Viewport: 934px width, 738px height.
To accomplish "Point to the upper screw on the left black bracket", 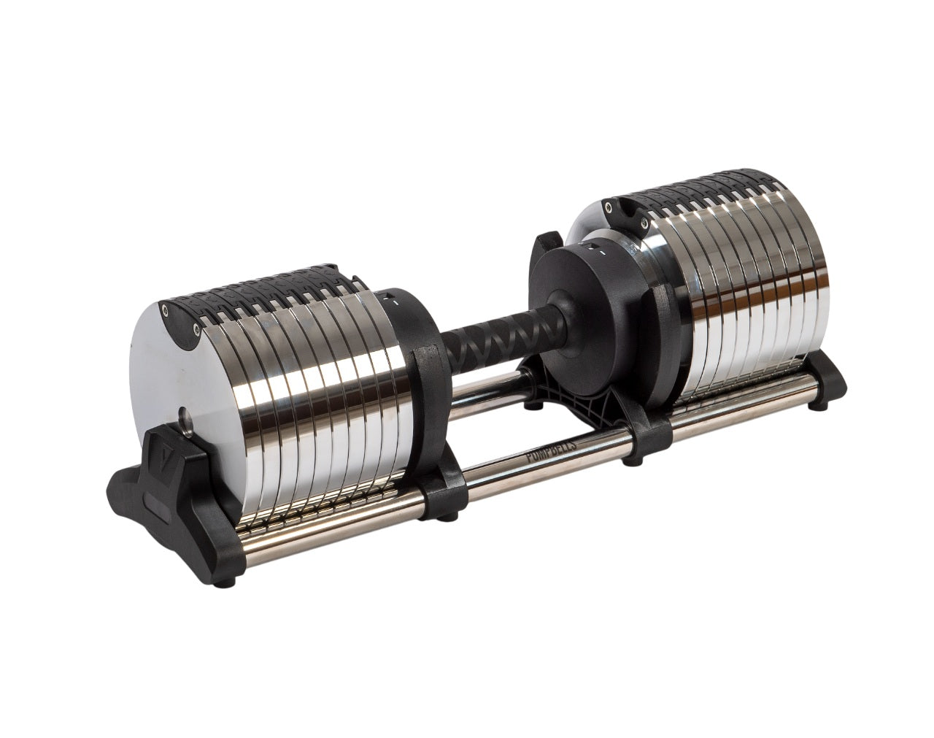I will [x=167, y=310].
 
